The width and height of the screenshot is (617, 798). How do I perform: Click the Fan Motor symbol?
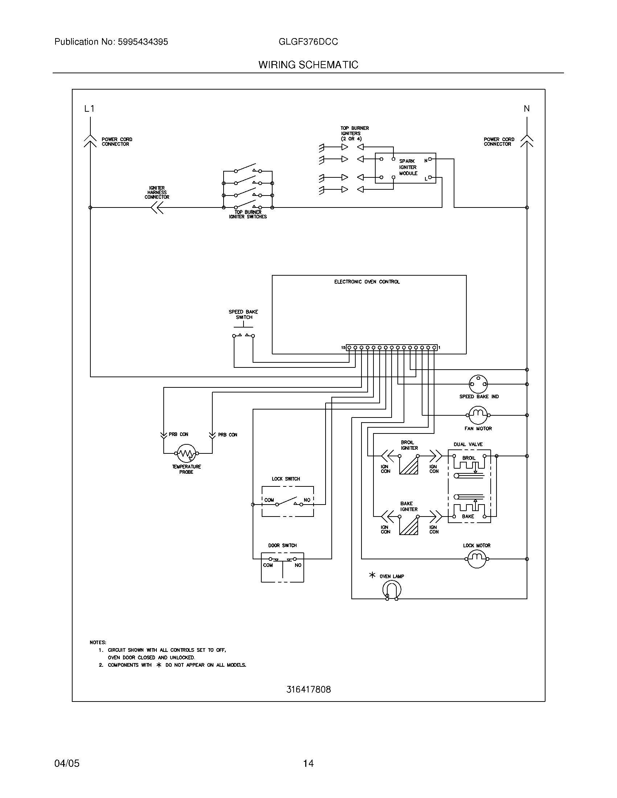478,415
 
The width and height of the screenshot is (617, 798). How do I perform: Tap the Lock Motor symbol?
477,559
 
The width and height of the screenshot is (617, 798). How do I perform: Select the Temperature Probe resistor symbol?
187,453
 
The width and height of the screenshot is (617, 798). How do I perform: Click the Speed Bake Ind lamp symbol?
478,384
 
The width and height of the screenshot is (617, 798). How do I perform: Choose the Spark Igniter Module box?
405,168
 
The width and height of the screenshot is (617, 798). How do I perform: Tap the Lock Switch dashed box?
288,501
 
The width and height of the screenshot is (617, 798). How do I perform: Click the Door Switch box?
282,567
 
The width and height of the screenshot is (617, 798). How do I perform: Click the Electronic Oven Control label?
367,282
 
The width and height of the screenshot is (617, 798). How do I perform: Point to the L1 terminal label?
89,108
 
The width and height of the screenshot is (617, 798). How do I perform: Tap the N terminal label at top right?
527,108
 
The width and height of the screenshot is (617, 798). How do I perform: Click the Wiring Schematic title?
308,65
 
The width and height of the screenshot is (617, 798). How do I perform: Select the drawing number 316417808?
308,689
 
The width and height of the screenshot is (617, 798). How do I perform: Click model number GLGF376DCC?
308,42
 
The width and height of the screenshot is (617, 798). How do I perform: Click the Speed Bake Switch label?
244,314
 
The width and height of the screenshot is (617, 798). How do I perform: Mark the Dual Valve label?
468,444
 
